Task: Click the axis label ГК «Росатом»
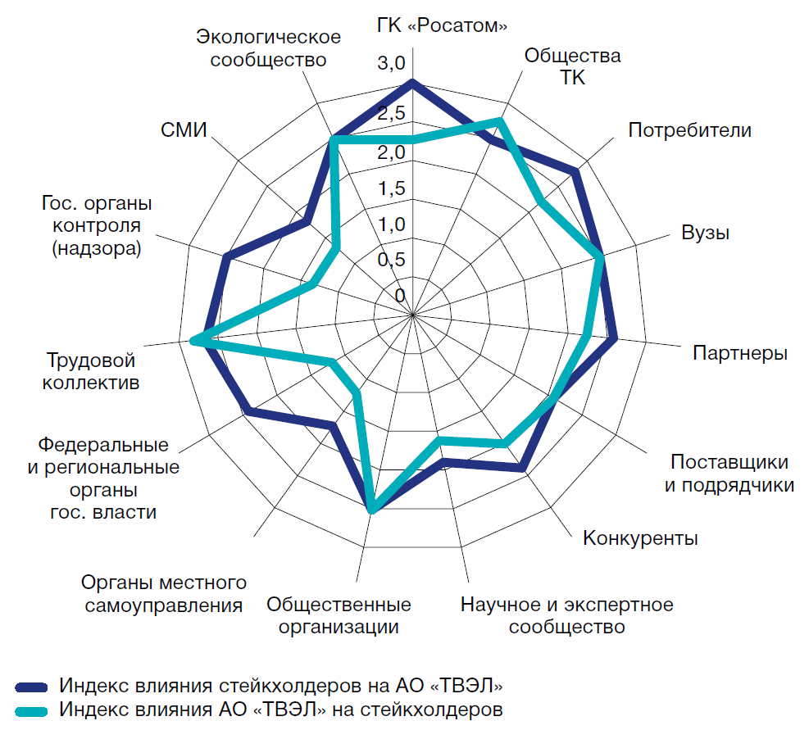pos(442,25)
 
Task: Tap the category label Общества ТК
pos(572,66)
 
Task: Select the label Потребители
pos(689,129)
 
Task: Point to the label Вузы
pos(705,232)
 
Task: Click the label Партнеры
pos(739,353)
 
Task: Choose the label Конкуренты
pos(640,538)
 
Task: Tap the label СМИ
pos(184,130)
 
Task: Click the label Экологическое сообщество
pos(268,48)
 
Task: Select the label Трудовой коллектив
pos(90,371)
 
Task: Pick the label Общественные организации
pos(339,616)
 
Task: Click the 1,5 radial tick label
pos(391,188)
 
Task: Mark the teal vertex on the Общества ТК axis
pos(500,121)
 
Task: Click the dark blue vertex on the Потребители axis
pos(576,172)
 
